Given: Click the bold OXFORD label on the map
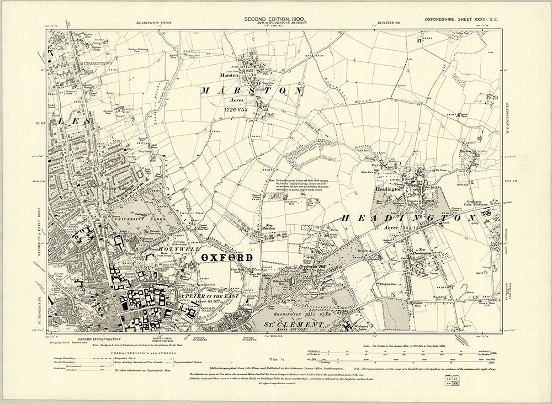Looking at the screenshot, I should click(226, 258).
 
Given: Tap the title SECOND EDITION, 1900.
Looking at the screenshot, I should click(275, 20).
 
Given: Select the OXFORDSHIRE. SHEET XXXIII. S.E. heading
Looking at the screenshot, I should click(461, 20).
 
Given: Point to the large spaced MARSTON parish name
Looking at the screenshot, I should click(252, 90).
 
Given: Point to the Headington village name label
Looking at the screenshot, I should click(389, 189).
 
